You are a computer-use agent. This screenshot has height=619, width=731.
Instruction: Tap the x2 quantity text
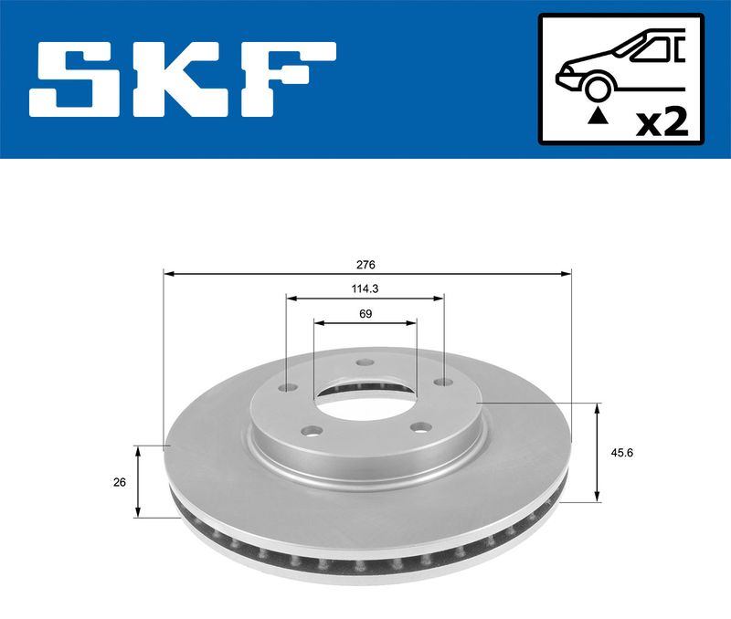coord(661,121)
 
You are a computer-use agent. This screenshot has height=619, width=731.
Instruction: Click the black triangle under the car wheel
coord(599,115)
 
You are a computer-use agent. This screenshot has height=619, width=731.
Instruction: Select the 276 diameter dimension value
coord(366,264)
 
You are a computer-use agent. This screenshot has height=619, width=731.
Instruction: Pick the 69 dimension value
coord(365,313)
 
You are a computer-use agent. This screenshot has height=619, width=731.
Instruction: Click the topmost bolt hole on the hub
coord(365,363)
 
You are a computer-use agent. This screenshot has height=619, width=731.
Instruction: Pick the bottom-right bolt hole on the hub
coord(421,425)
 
